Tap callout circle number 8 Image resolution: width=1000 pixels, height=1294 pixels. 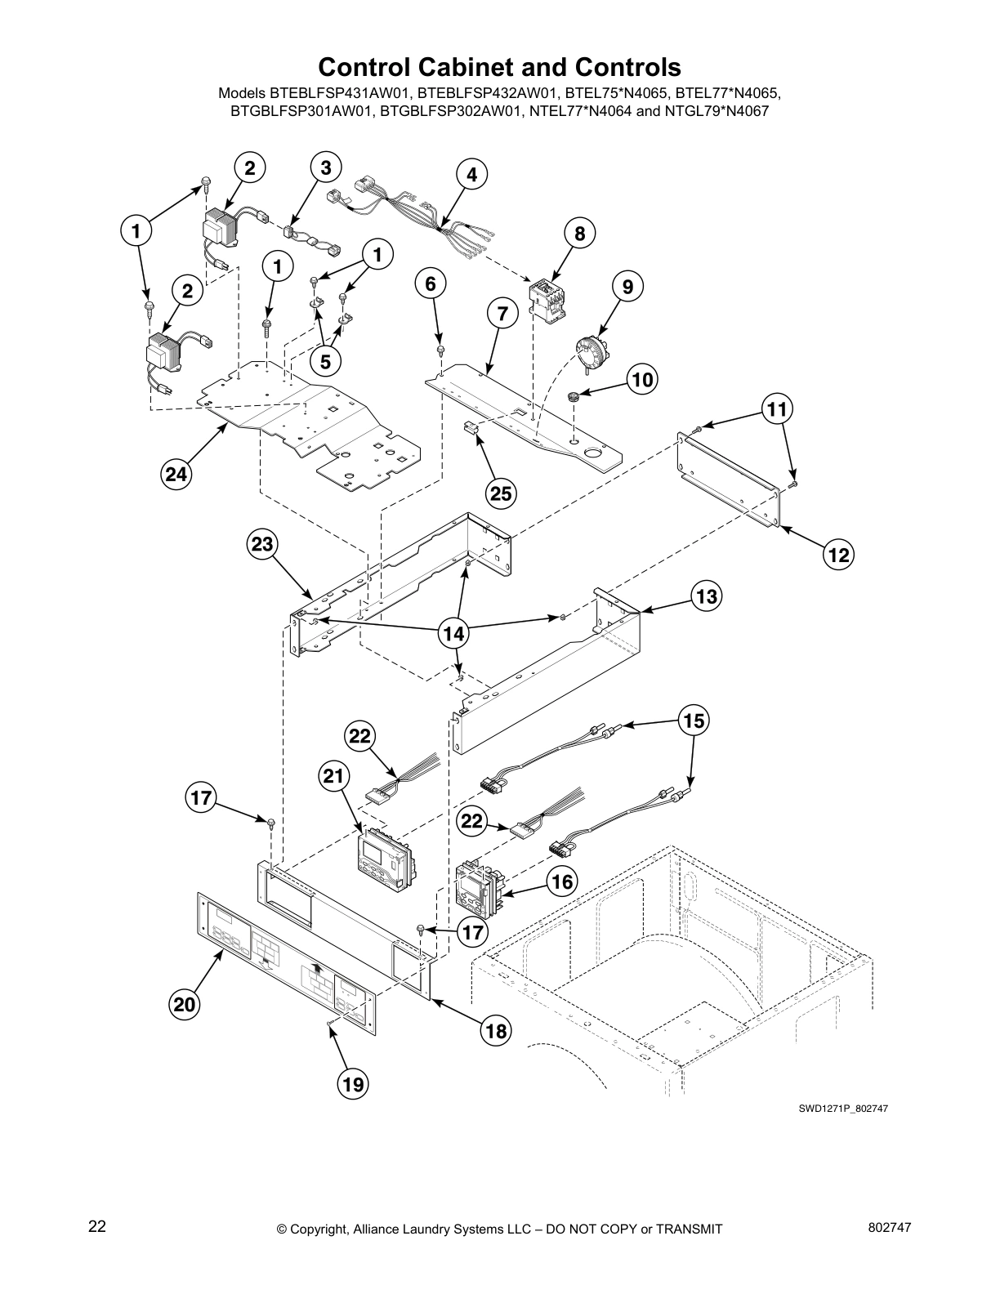point(578,234)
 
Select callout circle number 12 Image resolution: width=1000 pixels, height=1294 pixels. point(837,556)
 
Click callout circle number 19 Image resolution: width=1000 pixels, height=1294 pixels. point(352,1084)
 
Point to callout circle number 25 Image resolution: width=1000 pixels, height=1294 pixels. point(501,493)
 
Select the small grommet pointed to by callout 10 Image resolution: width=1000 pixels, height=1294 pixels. point(574,395)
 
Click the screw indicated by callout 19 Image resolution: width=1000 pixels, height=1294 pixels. point(328,1024)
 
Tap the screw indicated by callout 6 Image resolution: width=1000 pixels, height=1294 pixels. point(440,350)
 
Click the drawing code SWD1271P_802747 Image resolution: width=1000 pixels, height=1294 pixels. point(843,1109)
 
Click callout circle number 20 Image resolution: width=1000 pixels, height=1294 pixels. point(185,1003)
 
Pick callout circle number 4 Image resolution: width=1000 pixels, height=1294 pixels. point(471,174)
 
